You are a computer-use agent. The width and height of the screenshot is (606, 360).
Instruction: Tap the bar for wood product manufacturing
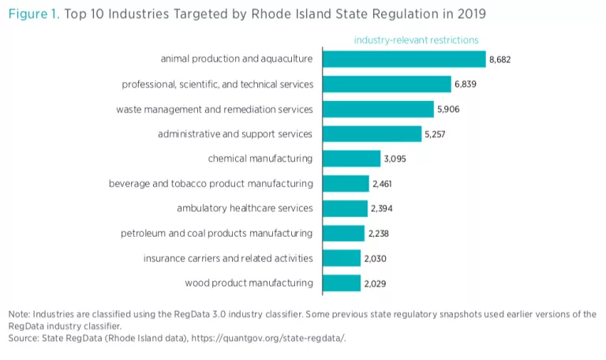tap(341, 283)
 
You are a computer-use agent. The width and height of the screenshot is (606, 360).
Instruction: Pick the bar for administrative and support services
tap(372, 133)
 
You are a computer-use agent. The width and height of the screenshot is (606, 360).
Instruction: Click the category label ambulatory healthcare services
tap(245, 208)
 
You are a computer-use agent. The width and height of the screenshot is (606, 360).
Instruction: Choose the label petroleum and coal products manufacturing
tap(216, 233)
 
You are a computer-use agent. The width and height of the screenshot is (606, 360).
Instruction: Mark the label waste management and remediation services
tap(215, 109)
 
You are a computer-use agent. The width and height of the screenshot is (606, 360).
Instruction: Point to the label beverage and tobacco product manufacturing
tap(211, 184)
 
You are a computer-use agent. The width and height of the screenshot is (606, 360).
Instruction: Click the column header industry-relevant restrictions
tap(416, 39)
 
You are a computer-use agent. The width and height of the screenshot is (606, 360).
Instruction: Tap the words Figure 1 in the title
tap(32, 13)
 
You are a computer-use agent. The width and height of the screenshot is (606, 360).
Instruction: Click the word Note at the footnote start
tap(18, 314)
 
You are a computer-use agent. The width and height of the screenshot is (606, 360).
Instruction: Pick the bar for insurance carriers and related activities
tap(342, 258)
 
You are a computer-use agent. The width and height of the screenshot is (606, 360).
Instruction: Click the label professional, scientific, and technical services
tap(217, 84)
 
